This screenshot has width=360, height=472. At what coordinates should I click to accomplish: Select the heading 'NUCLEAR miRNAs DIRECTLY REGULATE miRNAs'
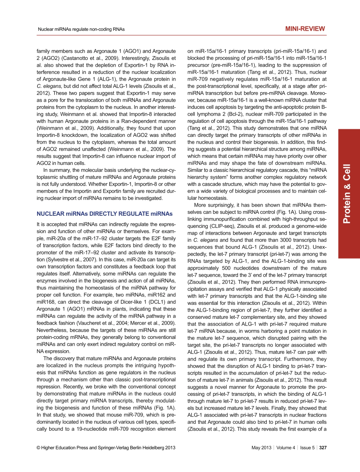point(104,214)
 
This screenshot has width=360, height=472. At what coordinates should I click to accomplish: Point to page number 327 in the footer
point(323,448)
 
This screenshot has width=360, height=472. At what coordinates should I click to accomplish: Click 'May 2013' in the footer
point(261,448)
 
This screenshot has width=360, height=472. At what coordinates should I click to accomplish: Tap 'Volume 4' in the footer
point(286,448)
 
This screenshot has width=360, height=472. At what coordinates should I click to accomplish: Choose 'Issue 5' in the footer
point(307,448)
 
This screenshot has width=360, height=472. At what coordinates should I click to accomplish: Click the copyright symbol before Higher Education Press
point(38,448)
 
